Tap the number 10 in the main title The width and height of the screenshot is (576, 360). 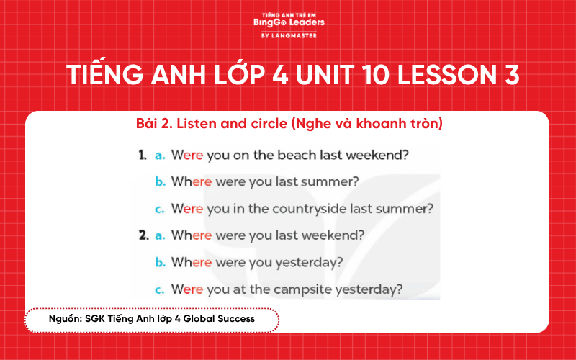coord(364,75)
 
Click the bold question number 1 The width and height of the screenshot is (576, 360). coord(143,156)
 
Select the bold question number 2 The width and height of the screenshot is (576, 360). coord(143,235)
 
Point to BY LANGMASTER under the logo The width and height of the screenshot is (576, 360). coord(289,35)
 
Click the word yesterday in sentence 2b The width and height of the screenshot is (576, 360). coord(308,263)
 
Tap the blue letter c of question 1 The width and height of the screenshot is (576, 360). coord(158,210)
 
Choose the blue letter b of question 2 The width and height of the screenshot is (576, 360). coord(159,262)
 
